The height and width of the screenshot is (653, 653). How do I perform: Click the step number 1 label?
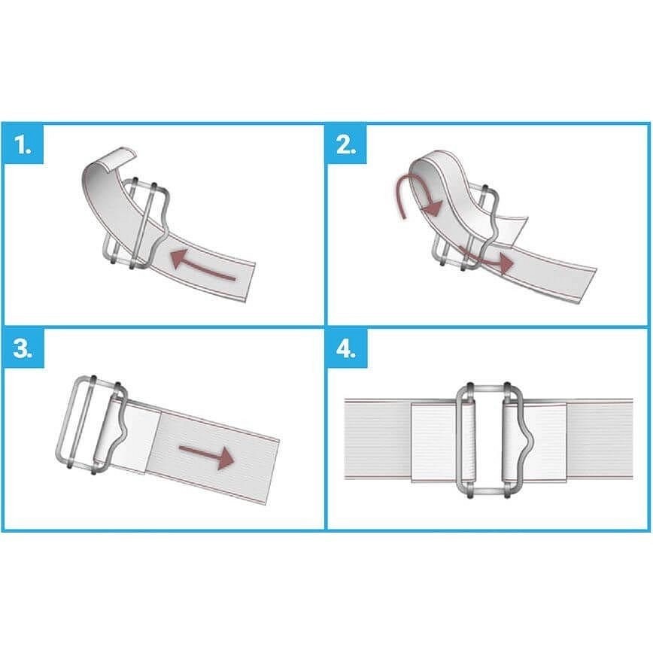(x=23, y=145)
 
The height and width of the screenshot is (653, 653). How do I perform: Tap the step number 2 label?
(x=346, y=145)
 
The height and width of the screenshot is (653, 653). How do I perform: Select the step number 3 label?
(x=23, y=348)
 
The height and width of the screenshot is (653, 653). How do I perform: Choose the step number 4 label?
(x=346, y=348)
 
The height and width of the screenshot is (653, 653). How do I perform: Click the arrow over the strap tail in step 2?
(x=485, y=258)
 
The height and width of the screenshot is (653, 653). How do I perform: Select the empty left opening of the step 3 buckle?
(x=80, y=421)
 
